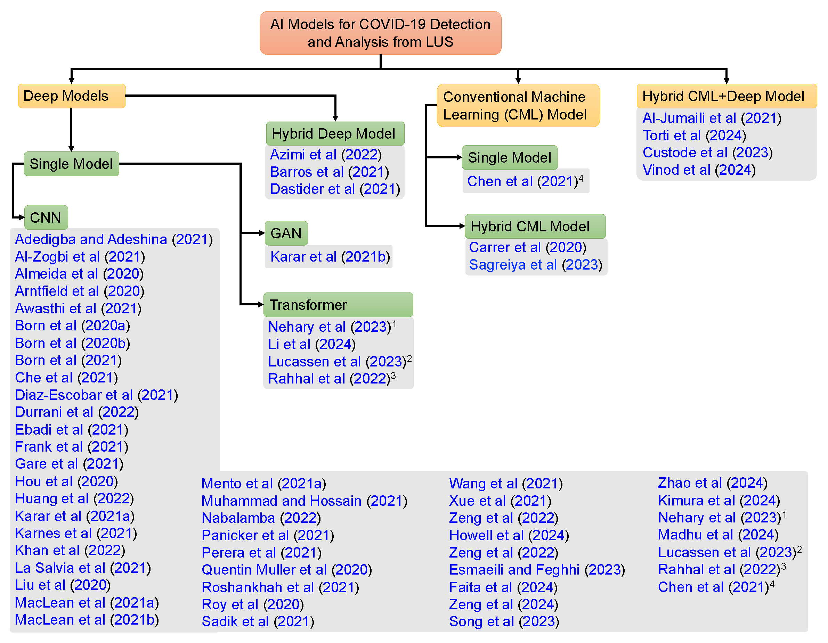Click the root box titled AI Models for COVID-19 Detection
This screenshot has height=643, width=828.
coord(380,33)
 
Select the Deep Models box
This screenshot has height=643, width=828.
coord(71,96)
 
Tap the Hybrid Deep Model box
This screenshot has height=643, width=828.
coord(335,133)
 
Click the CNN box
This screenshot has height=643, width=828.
coord(46,217)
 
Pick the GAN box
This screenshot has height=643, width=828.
coord(286,233)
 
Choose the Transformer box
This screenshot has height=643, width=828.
coord(338,305)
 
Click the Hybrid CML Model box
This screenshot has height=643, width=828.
coord(535,226)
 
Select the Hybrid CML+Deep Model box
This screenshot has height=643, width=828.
coord(726,96)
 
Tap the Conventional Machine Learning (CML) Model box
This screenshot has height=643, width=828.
coord(518,106)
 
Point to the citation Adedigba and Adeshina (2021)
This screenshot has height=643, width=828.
coord(114,239)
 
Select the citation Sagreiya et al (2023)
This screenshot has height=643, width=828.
coord(535,264)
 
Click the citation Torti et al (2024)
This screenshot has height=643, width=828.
coord(694,135)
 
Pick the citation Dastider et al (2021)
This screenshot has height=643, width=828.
coord(335,189)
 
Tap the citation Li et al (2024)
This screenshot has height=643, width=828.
coord(312,344)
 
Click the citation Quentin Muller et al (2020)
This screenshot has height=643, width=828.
coord(287,569)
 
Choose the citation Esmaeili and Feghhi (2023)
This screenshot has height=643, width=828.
coord(536,569)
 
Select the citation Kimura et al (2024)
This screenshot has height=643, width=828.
coord(719,500)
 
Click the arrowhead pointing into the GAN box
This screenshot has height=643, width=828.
coord(262,233)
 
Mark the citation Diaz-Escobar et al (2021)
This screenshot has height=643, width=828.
coord(96,395)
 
